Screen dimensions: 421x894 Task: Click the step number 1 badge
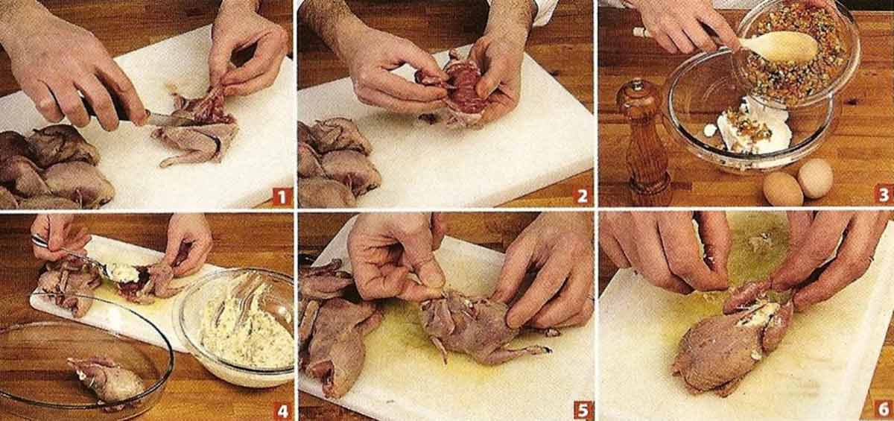[x=281, y=196]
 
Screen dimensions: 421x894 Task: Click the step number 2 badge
[x=582, y=196]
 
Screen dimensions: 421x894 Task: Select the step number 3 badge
[x=883, y=196]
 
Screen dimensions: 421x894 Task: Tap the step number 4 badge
[x=281, y=409]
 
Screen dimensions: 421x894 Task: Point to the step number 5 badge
[x=582, y=409]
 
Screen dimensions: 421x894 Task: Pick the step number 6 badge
[x=883, y=409]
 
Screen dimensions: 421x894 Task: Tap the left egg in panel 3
[x=782, y=189]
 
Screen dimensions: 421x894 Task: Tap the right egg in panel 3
[x=815, y=177]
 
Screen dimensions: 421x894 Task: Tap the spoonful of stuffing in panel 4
[x=123, y=273]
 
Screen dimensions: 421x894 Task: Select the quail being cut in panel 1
[x=197, y=130]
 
